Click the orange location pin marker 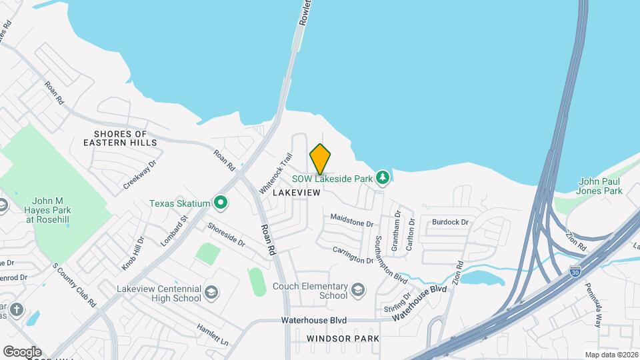(320, 159)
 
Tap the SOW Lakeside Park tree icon (383, 177)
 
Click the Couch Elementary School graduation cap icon (358, 289)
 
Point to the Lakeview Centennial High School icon (211, 293)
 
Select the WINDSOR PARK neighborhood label (343, 339)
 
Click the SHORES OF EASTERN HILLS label (121, 138)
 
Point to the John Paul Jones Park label (600, 186)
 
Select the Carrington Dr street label (353, 254)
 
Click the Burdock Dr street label (451, 221)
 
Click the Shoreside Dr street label (226, 235)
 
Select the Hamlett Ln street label (212, 334)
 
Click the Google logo (22, 351)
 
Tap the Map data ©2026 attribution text (611, 355)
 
